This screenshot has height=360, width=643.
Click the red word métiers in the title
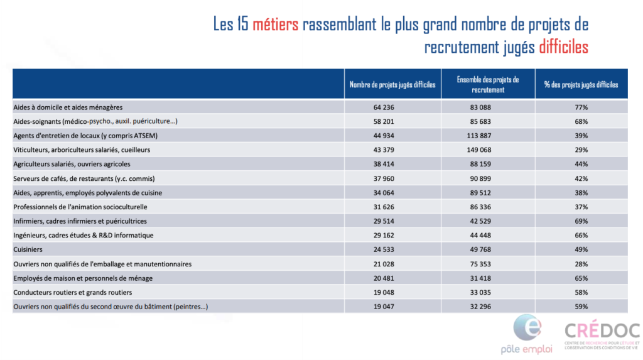point(275,25)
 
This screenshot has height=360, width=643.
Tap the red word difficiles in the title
point(563,47)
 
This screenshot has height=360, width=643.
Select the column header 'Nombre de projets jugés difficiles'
point(392,85)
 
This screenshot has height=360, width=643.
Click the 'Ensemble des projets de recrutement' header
point(487,85)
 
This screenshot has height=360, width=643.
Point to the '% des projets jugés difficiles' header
point(581,85)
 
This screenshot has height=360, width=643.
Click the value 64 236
point(384,107)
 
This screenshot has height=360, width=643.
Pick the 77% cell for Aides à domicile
point(581,107)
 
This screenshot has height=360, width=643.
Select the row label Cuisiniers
point(28,249)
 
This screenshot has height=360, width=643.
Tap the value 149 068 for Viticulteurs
point(478,150)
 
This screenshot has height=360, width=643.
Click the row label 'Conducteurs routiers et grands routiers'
point(73,293)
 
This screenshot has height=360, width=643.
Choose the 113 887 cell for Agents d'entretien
point(478,136)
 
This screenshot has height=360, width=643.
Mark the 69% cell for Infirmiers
point(581,221)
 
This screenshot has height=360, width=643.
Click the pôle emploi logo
point(527,334)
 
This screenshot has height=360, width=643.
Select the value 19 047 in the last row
point(384,307)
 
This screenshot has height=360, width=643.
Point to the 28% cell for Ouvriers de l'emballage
point(581,265)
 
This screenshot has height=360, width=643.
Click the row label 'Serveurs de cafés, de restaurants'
point(84,179)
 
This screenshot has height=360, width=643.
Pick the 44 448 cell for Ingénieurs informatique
point(480,236)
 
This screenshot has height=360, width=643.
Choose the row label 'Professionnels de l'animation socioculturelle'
point(80,207)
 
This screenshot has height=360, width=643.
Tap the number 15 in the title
point(243,25)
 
